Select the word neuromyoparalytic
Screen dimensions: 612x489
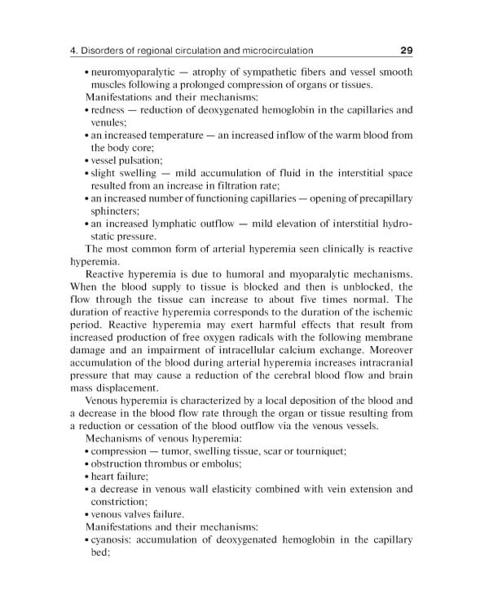(133, 72)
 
